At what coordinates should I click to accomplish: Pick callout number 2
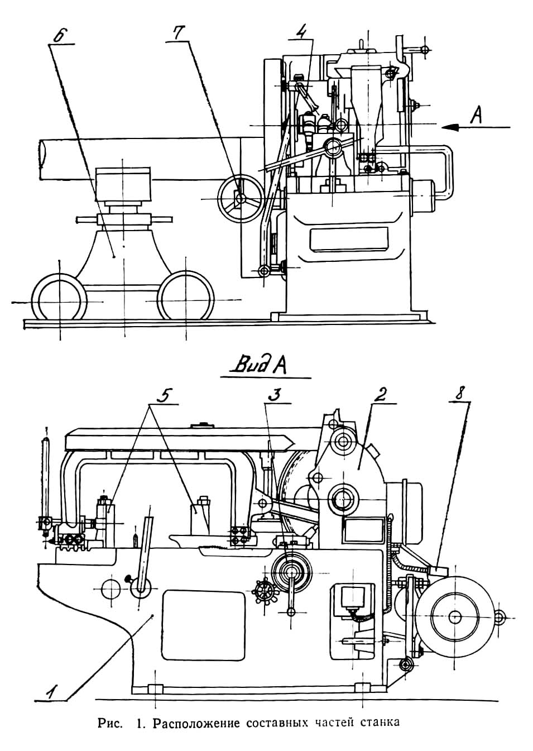coord(380,394)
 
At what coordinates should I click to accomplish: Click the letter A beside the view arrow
coord(476,115)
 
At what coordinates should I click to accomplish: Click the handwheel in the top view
coord(241,198)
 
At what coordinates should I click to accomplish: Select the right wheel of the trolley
coord(186,298)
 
